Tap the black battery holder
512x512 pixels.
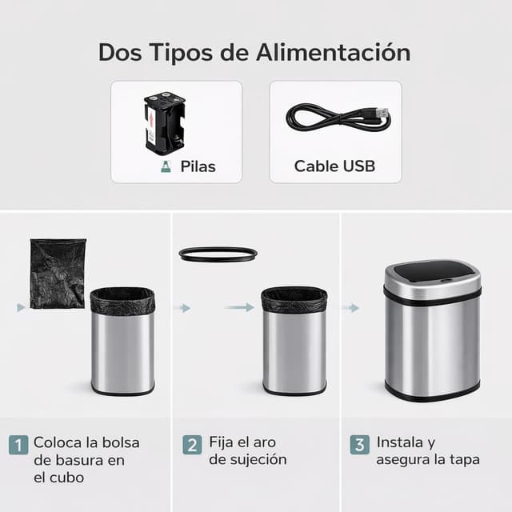click(x=164, y=123)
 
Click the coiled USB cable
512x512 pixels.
click(x=338, y=118)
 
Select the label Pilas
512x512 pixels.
click(x=198, y=166)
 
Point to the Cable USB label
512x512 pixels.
click(x=334, y=166)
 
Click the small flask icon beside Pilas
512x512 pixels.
click(x=166, y=166)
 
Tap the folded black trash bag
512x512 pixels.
click(x=58, y=273)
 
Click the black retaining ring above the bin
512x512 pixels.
click(x=218, y=254)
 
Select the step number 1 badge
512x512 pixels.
click(x=18, y=444)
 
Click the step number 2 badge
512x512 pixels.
click(x=192, y=444)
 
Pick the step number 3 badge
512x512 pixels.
click(x=359, y=444)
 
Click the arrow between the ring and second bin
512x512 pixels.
click(x=239, y=307)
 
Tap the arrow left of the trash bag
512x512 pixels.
click(x=21, y=307)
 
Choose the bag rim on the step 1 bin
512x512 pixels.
click(x=122, y=300)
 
